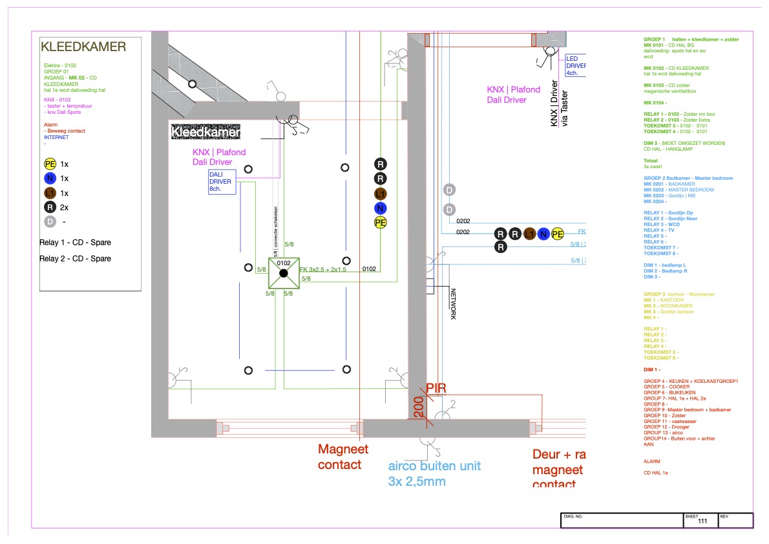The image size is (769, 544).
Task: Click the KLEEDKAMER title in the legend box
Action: (83, 47)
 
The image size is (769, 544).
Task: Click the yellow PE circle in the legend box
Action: (50, 164)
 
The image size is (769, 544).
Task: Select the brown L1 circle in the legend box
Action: (50, 193)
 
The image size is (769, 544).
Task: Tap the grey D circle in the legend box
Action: (50, 221)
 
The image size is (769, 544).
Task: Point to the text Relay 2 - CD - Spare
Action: (75, 259)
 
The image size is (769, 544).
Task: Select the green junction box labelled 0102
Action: (284, 273)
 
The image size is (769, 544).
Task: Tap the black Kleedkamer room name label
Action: (205, 133)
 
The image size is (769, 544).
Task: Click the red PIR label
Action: (436, 388)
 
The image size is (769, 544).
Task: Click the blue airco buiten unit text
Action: (434, 466)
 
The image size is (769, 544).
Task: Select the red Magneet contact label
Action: (342, 457)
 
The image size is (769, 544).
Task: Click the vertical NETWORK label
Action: (453, 304)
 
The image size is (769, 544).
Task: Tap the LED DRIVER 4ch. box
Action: (576, 65)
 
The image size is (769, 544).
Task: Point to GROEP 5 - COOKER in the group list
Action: (666, 387)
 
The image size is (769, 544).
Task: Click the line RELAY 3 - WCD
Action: (661, 224)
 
